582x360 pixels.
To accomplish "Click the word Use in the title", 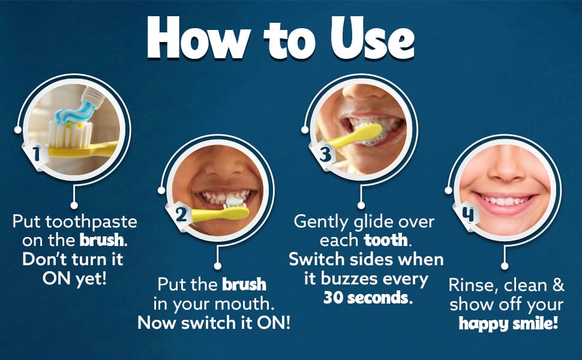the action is (x=372, y=38).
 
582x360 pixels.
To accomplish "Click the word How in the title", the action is (x=199, y=37).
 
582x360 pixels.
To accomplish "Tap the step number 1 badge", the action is (x=36, y=154).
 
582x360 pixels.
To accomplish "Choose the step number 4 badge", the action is (x=467, y=215).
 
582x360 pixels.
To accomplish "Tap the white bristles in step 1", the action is (x=70, y=134).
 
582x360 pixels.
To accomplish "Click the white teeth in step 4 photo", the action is (x=505, y=201).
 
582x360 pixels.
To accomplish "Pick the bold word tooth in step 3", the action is (x=386, y=241).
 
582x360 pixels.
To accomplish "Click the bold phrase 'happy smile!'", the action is (x=508, y=323).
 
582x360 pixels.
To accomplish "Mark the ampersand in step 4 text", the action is (x=558, y=285).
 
